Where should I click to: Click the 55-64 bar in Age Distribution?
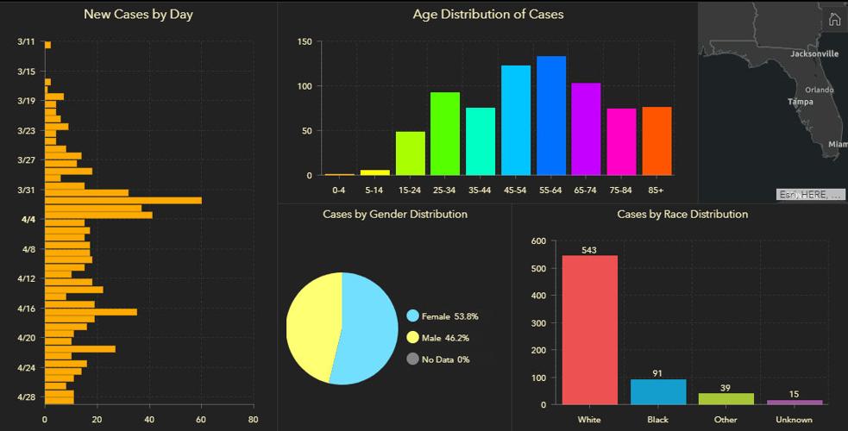pos(551,116)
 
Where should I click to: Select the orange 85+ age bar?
pos(656,141)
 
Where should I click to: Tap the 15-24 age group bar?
pos(410,153)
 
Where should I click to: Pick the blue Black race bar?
pos(658,391)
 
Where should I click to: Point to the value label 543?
pos(590,250)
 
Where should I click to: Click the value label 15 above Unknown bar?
pos(794,394)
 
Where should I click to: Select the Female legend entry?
pos(443,316)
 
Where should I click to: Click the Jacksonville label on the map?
pos(813,53)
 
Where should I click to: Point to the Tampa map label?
pos(800,102)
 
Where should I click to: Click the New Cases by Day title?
pos(138,15)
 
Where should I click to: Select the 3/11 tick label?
pos(27,42)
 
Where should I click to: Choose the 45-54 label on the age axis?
pos(516,189)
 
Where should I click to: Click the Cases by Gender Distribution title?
pos(395,214)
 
